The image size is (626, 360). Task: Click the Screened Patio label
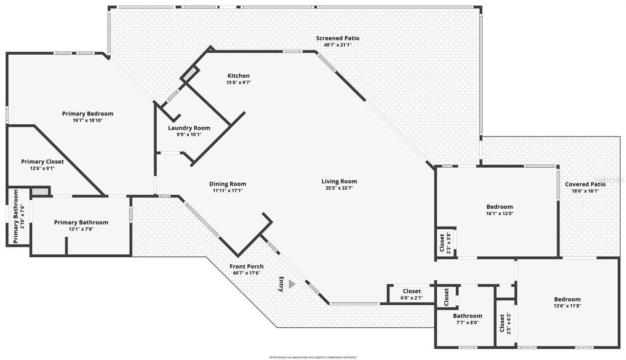337,38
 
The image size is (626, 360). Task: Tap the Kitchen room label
239,76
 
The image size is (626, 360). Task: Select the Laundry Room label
189,128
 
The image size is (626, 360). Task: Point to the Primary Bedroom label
88,114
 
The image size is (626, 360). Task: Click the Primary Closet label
42,162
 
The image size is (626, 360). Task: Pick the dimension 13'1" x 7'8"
81,229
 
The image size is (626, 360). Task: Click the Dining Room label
228,184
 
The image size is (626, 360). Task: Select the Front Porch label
247,267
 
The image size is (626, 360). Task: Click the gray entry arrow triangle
292,284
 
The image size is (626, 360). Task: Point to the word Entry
281,284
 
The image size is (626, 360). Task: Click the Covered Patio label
585,184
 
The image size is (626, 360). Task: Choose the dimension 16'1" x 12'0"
500,213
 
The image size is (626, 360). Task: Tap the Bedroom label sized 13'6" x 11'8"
567,299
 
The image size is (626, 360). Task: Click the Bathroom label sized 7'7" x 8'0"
468,316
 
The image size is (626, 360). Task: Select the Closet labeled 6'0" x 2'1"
412,292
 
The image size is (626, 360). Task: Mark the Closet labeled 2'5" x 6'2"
502,323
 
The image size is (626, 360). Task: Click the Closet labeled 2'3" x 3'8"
442,243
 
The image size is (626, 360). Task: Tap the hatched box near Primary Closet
41,192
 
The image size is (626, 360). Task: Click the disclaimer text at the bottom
313,358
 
